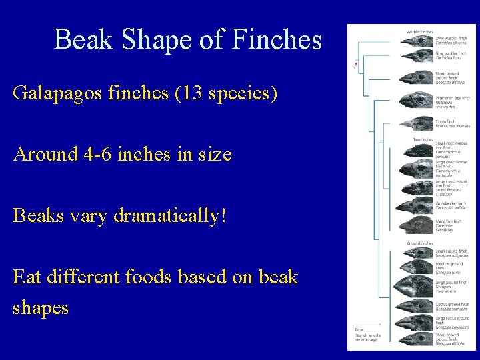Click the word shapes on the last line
point(40,307)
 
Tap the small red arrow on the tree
point(357,65)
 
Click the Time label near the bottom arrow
point(359,328)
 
